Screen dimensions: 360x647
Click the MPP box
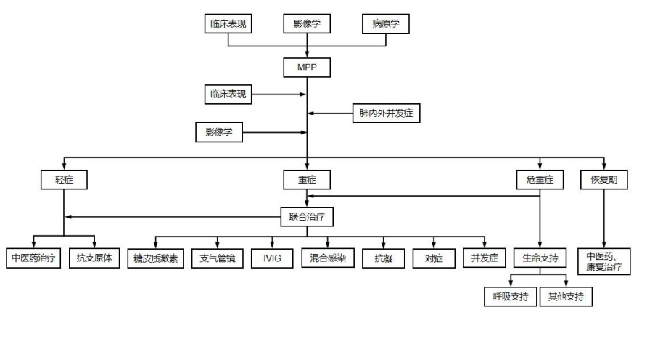tap(306, 67)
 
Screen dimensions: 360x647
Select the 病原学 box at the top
tap(385, 24)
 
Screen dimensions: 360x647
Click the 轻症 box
tap(65, 179)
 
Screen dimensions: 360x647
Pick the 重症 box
tap(306, 179)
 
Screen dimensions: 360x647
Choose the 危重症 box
tap(539, 179)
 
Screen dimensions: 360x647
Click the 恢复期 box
tap(603, 179)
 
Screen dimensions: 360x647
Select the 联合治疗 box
tap(307, 216)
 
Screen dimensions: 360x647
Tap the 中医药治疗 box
tap(34, 258)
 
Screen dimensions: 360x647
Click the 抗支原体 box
tap(94, 258)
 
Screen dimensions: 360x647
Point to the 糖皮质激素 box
tap(156, 258)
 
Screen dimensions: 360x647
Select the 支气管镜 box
tap(215, 258)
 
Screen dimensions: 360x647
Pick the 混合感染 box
tap(327, 258)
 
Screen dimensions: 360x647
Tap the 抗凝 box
tap(384, 258)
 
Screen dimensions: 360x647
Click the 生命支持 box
tap(540, 258)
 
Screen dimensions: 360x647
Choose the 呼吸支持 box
tap(510, 296)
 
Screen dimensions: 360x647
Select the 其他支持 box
tap(566, 296)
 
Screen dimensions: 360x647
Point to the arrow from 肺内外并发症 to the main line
tap(330, 113)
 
